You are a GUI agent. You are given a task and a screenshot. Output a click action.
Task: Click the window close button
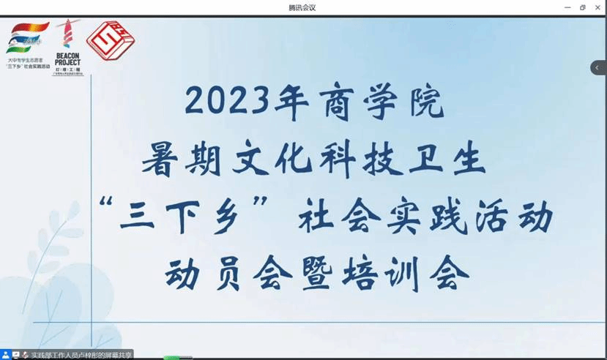pyautogui.click(x=598, y=7)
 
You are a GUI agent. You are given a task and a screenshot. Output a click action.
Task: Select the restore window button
pyautogui.click(x=583, y=7)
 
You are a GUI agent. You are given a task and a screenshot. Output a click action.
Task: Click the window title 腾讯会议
pyautogui.click(x=303, y=7)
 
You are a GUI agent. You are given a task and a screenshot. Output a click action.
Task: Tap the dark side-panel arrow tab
pyautogui.click(x=598, y=67)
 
